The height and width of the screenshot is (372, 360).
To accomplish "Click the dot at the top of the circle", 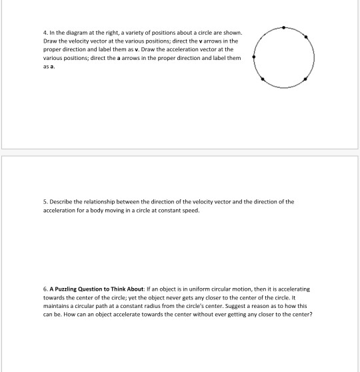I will click(285, 27).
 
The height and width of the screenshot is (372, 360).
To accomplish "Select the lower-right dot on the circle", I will click(305, 79).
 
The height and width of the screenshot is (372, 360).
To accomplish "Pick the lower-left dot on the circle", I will click(263, 79).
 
